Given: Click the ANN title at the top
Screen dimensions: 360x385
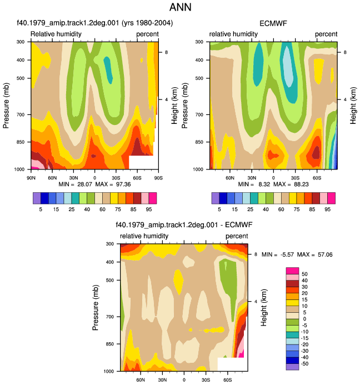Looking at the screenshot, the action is pos(180,7).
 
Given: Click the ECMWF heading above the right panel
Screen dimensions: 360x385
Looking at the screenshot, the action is pos(273,23).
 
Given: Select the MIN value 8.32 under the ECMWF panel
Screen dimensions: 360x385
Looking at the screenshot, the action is pos(264,184).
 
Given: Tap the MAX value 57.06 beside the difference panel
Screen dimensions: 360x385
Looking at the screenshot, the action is pos(325,254).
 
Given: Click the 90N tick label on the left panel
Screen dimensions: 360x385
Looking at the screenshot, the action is pos(31,178).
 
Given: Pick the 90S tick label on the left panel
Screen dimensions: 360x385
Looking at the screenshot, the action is pos(158,178).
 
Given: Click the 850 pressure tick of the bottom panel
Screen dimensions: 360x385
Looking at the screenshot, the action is pos(110,344).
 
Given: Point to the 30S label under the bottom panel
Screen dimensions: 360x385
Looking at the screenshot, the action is pos(206,380).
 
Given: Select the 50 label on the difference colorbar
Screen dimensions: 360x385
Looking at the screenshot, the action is pos(304,274).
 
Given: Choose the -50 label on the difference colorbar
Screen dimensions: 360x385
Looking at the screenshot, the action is pos(304,364).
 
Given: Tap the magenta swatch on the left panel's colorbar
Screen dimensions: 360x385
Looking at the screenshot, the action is pos(153,198).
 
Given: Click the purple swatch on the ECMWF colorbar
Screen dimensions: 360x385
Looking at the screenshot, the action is pos(216,198).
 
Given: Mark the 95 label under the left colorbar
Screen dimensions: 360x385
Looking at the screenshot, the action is pos(149,209).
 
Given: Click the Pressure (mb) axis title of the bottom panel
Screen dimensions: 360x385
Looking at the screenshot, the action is pos(96,307).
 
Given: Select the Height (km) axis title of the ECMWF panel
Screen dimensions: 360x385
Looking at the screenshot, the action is pos(353,106).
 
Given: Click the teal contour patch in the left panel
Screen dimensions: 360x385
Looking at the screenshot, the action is pos(108,70).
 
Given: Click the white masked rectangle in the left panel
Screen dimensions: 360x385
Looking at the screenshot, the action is pos(141,162).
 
